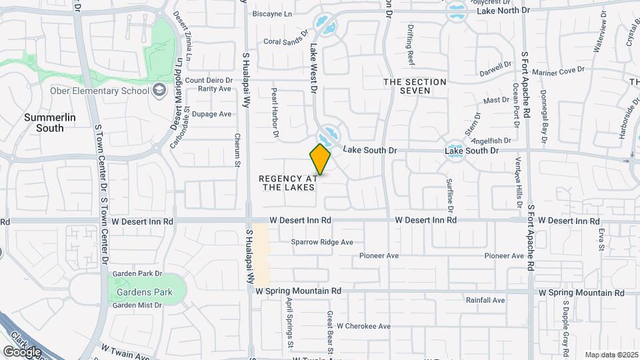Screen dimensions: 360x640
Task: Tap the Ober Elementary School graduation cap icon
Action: (159, 90)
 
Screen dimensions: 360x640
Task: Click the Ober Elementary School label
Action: (99, 91)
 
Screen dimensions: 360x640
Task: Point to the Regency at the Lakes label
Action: (287, 183)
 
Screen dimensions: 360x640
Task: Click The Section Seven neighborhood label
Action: (415, 86)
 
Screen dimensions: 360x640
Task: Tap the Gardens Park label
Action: (144, 292)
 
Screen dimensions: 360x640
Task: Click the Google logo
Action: (22, 351)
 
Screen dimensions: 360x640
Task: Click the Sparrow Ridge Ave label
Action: (321, 243)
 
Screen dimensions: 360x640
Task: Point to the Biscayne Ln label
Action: (272, 13)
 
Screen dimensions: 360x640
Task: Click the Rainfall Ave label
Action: (485, 301)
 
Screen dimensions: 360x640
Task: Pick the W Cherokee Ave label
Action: (363, 327)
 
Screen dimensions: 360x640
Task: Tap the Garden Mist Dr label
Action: (137, 305)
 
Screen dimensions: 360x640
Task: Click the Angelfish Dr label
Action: (490, 141)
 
